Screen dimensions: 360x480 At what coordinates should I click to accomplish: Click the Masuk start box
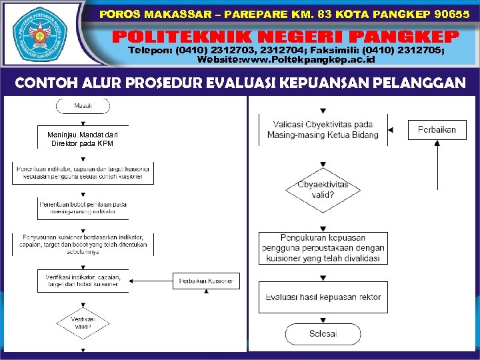point(83,106)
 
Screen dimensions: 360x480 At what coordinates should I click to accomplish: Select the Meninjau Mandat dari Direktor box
point(83,139)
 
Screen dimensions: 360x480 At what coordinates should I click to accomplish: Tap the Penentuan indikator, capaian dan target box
point(83,173)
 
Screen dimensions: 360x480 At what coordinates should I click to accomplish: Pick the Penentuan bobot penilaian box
point(83,207)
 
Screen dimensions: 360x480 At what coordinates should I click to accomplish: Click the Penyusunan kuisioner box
point(83,243)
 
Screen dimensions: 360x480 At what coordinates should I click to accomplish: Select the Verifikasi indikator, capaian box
point(83,280)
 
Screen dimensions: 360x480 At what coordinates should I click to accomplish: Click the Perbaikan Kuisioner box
point(206,281)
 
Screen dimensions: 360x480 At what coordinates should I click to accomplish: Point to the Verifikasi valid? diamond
point(83,323)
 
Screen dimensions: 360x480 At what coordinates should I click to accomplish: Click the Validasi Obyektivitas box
point(323,129)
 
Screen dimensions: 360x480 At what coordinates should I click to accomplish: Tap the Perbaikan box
point(437,129)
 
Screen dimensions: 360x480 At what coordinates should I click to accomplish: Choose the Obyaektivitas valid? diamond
point(323,190)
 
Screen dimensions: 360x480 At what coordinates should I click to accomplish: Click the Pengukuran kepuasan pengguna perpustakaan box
point(323,247)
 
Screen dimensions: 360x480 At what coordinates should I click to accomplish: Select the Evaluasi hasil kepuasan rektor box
point(323,296)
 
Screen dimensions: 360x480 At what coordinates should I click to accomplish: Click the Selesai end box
point(323,333)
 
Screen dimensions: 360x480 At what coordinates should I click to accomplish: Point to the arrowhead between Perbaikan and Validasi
point(392,129)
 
